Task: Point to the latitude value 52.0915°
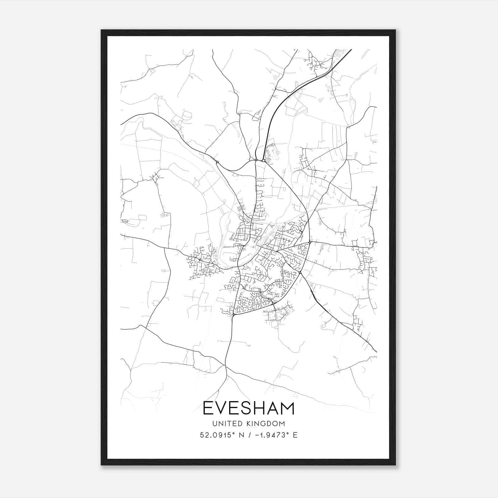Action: click(x=217, y=435)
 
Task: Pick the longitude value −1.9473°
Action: click(x=271, y=435)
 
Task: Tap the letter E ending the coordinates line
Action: click(x=295, y=435)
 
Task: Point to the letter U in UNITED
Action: click(x=215, y=424)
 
